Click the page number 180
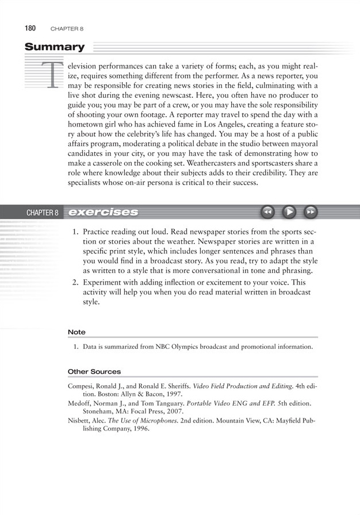[31, 28]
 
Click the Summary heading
[55, 47]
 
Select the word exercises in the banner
[103, 212]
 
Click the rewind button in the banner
[267, 212]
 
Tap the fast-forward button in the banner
[310, 212]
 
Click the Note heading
[76, 332]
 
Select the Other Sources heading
[94, 371]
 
